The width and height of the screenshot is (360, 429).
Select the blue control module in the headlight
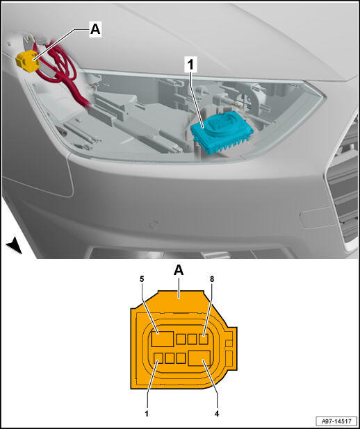tap(221, 132)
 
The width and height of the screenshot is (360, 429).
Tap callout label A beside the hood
tap(95, 28)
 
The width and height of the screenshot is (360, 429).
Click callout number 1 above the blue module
tap(190, 65)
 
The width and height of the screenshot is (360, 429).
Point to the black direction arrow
tap(15, 246)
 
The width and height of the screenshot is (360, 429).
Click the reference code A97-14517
tap(336, 421)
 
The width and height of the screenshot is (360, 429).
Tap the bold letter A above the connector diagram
tap(179, 271)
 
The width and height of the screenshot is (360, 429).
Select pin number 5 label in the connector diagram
tap(142, 279)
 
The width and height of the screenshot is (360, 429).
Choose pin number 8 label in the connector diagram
tap(212, 279)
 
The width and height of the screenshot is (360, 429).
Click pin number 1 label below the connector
tap(147, 414)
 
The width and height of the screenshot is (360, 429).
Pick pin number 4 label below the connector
tap(217, 414)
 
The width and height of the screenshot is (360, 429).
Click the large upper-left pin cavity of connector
tap(163, 339)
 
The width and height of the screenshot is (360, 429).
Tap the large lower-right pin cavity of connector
tap(199, 359)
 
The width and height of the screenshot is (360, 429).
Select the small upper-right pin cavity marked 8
tap(204, 339)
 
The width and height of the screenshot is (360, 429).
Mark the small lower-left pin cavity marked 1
tap(158, 358)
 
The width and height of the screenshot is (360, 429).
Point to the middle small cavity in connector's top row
tap(192, 339)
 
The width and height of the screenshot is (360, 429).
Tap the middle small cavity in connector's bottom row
tap(170, 358)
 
